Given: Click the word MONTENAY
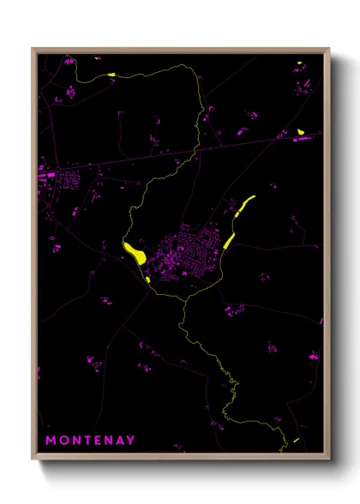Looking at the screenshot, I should coord(90,441).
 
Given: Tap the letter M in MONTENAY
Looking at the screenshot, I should coord(51,441).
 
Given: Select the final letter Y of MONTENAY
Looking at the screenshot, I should coord(130,441).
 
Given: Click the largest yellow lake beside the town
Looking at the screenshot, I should coord(134,252).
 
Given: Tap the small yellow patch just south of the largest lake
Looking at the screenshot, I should coord(148,279).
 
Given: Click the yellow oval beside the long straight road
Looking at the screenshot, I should coord(301,131).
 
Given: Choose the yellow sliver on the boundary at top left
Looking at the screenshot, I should coord(111,75).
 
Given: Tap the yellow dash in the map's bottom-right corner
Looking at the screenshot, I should coord(295,441).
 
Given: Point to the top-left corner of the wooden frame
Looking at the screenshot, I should coord(33,48).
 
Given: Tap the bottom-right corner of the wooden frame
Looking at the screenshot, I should coord(330,464).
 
